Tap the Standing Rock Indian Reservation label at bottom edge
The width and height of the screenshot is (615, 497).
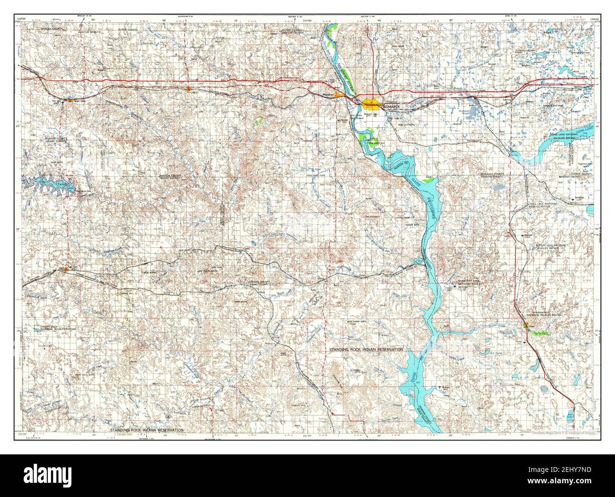pos(147,430)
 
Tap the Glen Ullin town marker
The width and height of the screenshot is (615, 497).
pos(70,100)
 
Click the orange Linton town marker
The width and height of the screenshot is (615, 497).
pos(526,325)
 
